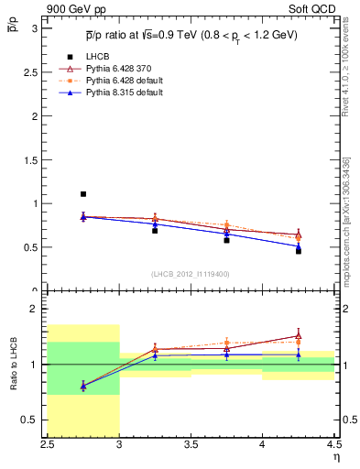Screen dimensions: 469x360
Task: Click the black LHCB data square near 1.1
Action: click(83, 194)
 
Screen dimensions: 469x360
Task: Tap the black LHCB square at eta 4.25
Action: click(299, 250)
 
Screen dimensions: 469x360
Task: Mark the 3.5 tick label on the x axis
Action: click(191, 444)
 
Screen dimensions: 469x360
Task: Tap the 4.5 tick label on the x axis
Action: click(333, 444)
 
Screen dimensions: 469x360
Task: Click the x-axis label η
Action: click(335, 457)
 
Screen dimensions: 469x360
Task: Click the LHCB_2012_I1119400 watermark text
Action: click(191, 274)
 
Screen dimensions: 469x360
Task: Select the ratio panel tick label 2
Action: click(35, 309)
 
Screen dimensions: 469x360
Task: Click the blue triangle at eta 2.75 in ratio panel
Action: click(83, 386)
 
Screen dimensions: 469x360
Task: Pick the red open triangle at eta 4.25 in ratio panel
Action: click(299, 336)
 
